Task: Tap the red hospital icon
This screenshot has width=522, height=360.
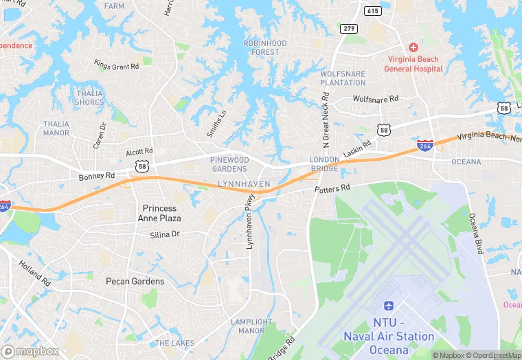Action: [413, 47]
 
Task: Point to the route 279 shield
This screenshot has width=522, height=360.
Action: [348, 27]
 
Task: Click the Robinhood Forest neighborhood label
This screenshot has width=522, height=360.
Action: [264, 47]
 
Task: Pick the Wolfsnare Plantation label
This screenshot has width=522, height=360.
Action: [343, 78]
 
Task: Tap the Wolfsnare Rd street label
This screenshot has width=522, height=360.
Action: [375, 99]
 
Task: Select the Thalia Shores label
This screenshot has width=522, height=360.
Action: [90, 98]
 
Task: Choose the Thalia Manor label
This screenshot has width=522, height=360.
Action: [56, 128]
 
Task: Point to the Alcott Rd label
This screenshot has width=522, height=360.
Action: [139, 151]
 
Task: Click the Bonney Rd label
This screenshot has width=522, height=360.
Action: [96, 177]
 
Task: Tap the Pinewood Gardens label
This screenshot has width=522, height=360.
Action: [229, 164]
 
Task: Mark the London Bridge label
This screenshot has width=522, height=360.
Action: [324, 164]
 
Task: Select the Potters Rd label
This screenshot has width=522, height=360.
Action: [332, 188]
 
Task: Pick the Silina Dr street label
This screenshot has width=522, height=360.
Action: [164, 235]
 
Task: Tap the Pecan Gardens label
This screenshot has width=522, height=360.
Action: [135, 281]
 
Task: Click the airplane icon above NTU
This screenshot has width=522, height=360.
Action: [389, 305]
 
